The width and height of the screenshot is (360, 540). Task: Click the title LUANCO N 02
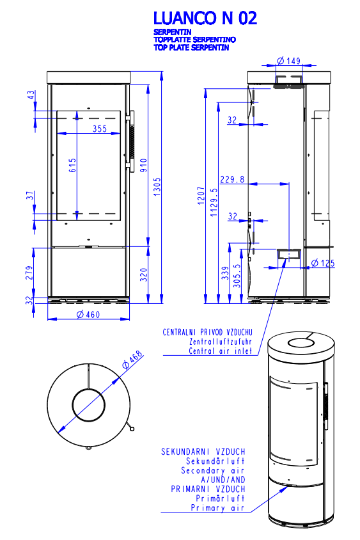click(x=205, y=19)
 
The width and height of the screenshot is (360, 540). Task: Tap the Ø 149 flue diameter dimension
click(x=289, y=61)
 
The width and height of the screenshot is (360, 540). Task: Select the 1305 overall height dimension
click(x=157, y=187)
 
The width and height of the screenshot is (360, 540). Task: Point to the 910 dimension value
click(x=143, y=165)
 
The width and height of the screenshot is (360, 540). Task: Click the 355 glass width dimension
click(x=100, y=129)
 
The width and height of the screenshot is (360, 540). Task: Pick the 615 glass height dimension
click(x=72, y=165)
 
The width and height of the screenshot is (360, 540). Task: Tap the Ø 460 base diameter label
click(x=88, y=314)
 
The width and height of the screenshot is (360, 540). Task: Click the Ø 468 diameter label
click(x=132, y=360)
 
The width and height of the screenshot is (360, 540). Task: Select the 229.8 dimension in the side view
click(x=232, y=179)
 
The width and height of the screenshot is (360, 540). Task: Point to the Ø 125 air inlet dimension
click(x=323, y=264)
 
